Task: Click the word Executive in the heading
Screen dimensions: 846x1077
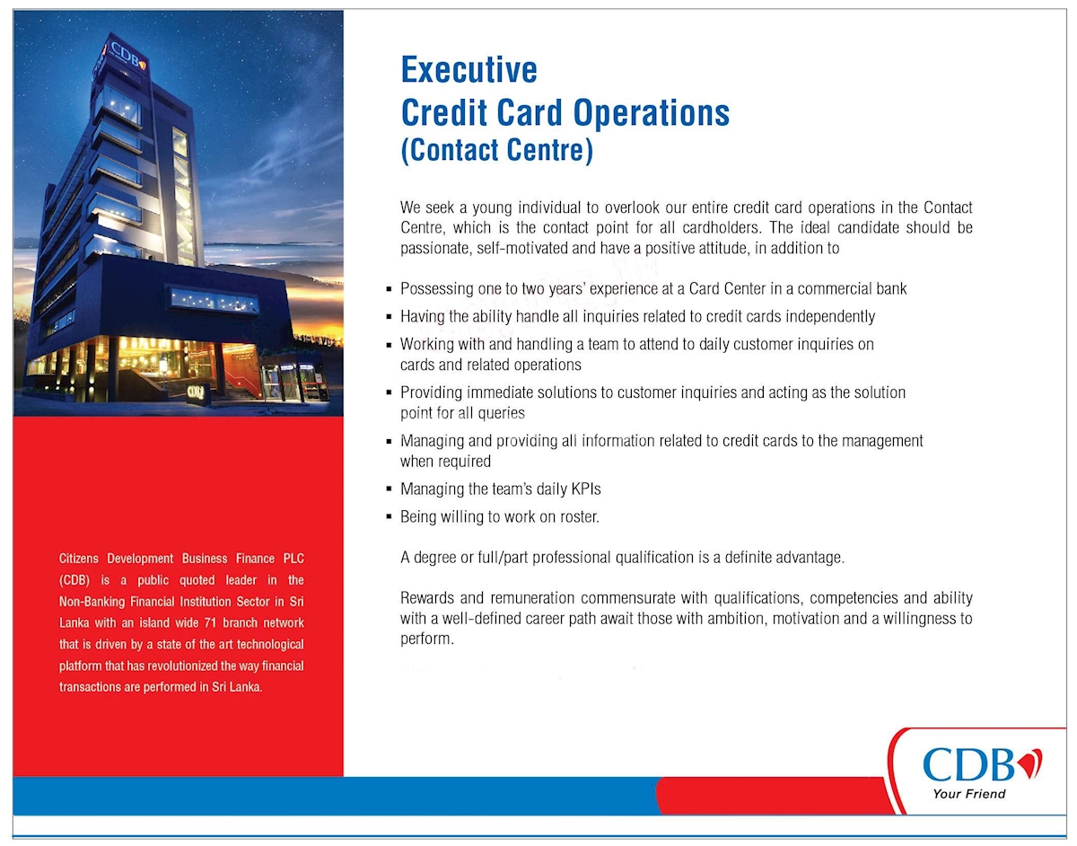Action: click(x=468, y=70)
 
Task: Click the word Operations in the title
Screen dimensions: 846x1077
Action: click(x=651, y=113)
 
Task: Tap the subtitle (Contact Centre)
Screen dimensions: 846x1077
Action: click(x=496, y=149)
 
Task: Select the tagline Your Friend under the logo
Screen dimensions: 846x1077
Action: click(x=968, y=794)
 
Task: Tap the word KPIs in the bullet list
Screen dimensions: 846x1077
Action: click(x=585, y=489)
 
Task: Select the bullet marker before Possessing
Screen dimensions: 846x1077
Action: click(x=389, y=290)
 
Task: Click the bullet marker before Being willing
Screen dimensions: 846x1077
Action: click(x=389, y=518)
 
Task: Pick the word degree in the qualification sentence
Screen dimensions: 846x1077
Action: click(x=434, y=558)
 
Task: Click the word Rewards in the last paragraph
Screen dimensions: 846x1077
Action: click(x=428, y=598)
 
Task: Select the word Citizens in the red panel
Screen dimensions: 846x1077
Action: click(x=83, y=559)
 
